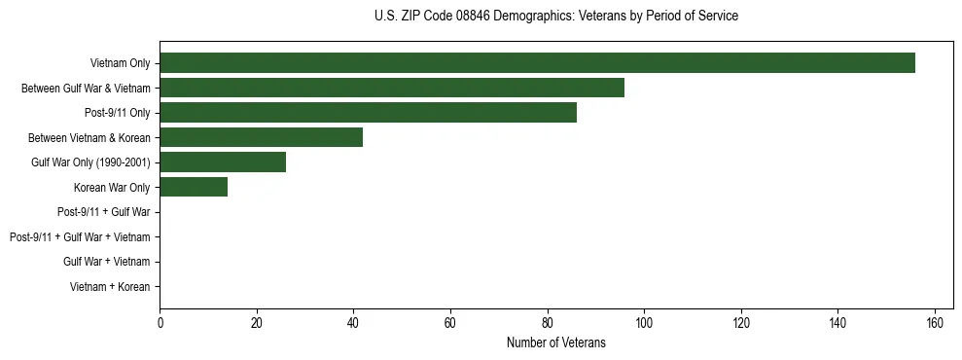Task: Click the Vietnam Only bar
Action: pos(537,63)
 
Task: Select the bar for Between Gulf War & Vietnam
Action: pos(392,88)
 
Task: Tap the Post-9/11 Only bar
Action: pos(368,113)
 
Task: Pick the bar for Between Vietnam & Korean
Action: pos(261,137)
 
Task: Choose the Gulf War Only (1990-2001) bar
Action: pos(223,162)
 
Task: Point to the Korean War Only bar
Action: pos(194,187)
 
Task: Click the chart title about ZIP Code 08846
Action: pos(555,17)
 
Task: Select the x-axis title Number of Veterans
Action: pos(555,342)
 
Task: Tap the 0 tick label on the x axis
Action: pos(160,323)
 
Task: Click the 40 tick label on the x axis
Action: pos(353,323)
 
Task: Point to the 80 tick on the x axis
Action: pos(548,323)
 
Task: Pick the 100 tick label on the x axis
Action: pos(644,323)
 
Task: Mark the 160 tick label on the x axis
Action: pos(935,323)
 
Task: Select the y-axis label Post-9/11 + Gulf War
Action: pos(103,212)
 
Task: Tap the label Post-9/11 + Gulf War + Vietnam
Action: pos(80,237)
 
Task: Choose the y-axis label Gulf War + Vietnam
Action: pos(107,262)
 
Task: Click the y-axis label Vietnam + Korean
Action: pos(110,287)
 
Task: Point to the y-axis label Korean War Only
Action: pos(112,187)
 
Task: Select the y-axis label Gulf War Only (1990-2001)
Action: pos(90,162)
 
